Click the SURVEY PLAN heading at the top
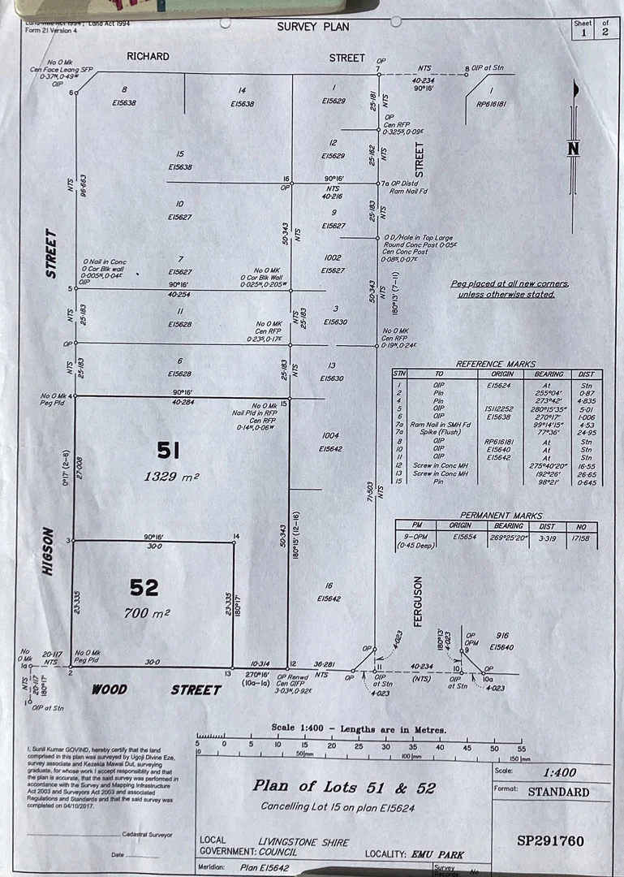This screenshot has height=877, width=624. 313,27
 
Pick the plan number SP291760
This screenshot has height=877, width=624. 550,841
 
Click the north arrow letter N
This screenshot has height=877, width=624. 574,149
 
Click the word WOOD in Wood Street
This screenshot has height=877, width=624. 109,689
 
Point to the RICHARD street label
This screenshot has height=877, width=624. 148,57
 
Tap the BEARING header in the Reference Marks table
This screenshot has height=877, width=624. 549,374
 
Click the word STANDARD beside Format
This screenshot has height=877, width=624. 558,792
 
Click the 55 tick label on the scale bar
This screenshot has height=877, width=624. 521,749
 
